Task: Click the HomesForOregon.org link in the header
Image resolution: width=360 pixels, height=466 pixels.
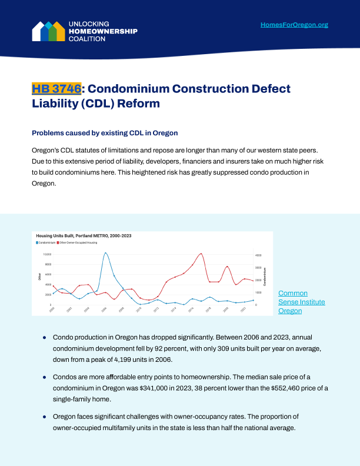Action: click(x=294, y=25)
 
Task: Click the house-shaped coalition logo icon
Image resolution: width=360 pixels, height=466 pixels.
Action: click(x=48, y=31)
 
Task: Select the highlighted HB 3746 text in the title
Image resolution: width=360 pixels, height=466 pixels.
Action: click(x=56, y=89)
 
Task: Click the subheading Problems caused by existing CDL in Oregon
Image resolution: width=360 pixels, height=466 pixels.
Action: click(x=105, y=133)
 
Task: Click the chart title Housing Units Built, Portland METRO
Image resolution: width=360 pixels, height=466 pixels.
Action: click(x=84, y=235)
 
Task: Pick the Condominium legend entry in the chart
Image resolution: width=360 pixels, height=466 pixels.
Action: click(x=46, y=242)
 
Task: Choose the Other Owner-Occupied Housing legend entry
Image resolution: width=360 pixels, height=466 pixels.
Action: click(x=79, y=242)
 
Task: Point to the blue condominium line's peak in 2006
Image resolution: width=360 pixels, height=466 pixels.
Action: click(x=105, y=253)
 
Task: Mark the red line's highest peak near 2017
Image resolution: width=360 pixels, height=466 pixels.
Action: click(x=201, y=254)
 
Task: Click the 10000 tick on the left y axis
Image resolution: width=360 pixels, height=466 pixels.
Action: click(x=48, y=254)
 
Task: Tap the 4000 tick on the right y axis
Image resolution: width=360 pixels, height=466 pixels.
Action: click(x=258, y=255)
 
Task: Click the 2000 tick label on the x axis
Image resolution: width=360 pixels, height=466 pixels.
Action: click(x=52, y=309)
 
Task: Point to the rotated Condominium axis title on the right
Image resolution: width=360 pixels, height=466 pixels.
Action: click(x=265, y=277)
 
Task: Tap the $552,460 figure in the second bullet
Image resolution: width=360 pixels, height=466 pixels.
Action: click(x=293, y=388)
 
